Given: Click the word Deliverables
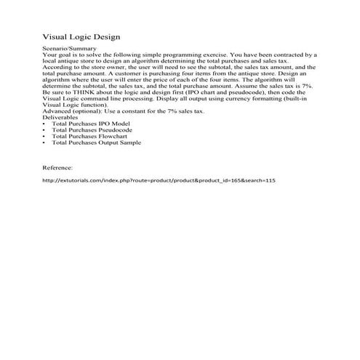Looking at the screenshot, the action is tap(62, 116).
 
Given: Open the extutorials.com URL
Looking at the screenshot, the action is tap(159, 180).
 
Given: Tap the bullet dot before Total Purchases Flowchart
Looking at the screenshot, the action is tap(46, 136).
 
